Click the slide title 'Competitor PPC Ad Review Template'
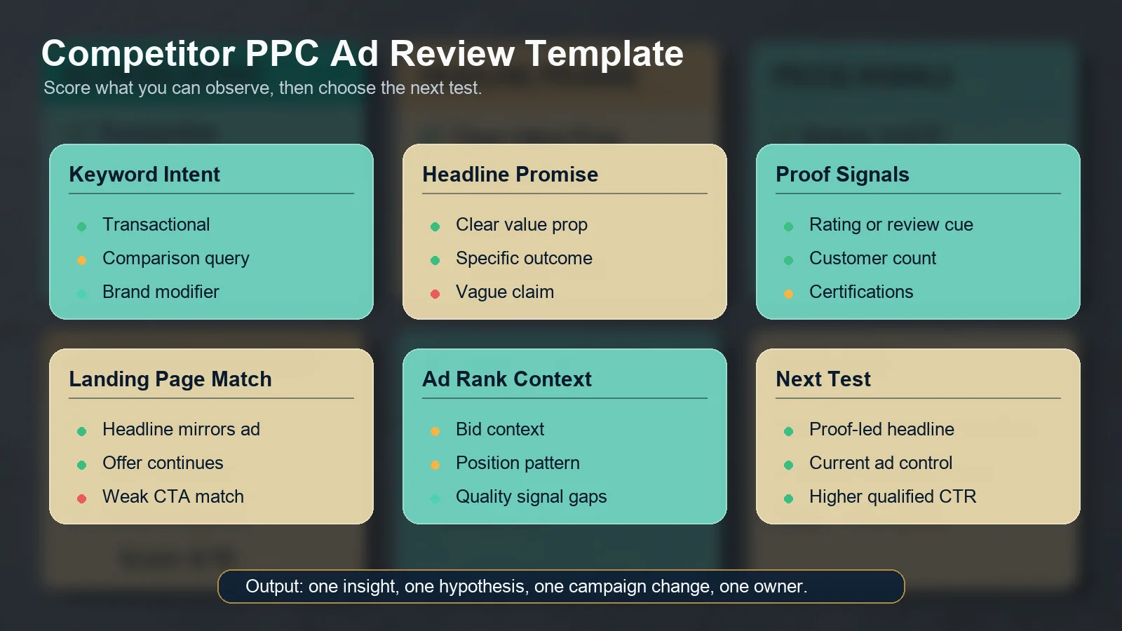[x=362, y=54]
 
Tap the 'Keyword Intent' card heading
[x=144, y=175]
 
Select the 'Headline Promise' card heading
[x=510, y=175]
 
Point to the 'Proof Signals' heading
[x=842, y=175]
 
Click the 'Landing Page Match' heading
[x=170, y=379]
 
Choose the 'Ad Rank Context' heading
[x=506, y=379]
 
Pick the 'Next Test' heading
[x=823, y=379]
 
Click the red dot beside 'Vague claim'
[x=435, y=294]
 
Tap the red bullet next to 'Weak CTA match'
[x=81, y=498]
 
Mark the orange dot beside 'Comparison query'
[x=81, y=260]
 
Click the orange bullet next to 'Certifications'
[x=788, y=294]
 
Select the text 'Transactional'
[x=156, y=224]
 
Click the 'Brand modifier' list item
[x=161, y=292]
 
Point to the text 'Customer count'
[x=872, y=258]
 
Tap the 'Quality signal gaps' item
[x=531, y=496]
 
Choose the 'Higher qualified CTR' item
[x=892, y=496]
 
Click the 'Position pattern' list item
[x=518, y=463]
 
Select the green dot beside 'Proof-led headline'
[x=788, y=431]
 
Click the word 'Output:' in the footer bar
[x=274, y=586]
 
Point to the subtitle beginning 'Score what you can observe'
[x=262, y=88]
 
